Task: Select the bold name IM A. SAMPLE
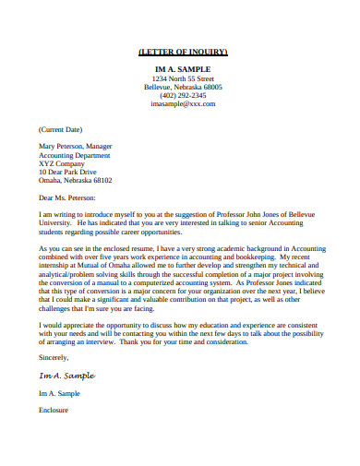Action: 182,69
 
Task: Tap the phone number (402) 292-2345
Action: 182,96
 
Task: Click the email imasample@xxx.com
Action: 182,104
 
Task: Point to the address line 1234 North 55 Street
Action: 182,78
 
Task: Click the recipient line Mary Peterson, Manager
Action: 75,147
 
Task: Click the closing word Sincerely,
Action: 54,354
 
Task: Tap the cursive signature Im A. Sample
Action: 66,375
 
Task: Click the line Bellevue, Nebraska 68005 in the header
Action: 182,87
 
